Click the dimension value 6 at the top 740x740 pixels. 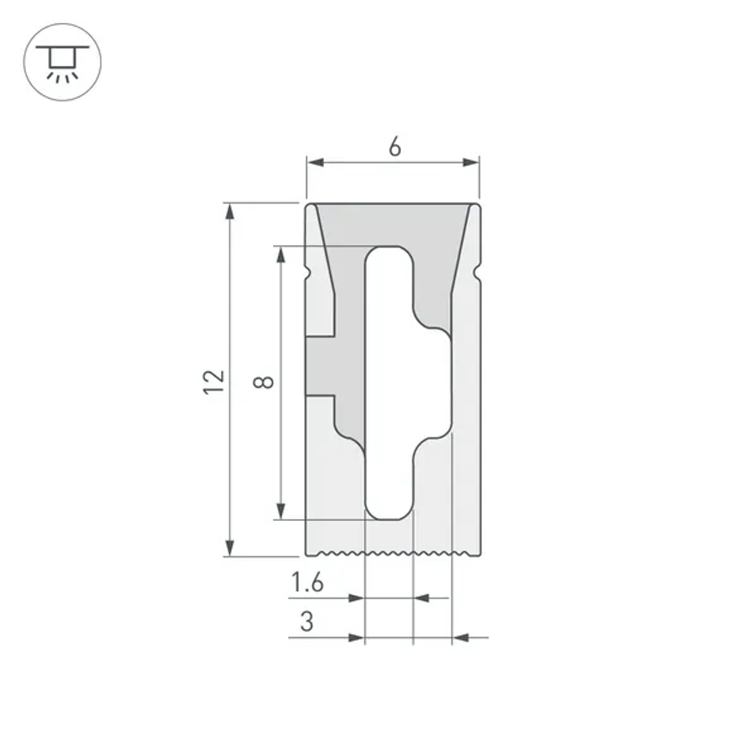394,147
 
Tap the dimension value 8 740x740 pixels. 264,382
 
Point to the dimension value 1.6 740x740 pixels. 306,583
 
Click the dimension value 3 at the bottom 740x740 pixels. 306,622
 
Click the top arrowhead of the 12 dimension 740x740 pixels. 230,212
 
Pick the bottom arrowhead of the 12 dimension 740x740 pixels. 230,547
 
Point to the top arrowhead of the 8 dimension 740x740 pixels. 280,255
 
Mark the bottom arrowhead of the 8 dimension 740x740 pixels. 280,510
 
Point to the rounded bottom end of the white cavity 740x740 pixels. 388,511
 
